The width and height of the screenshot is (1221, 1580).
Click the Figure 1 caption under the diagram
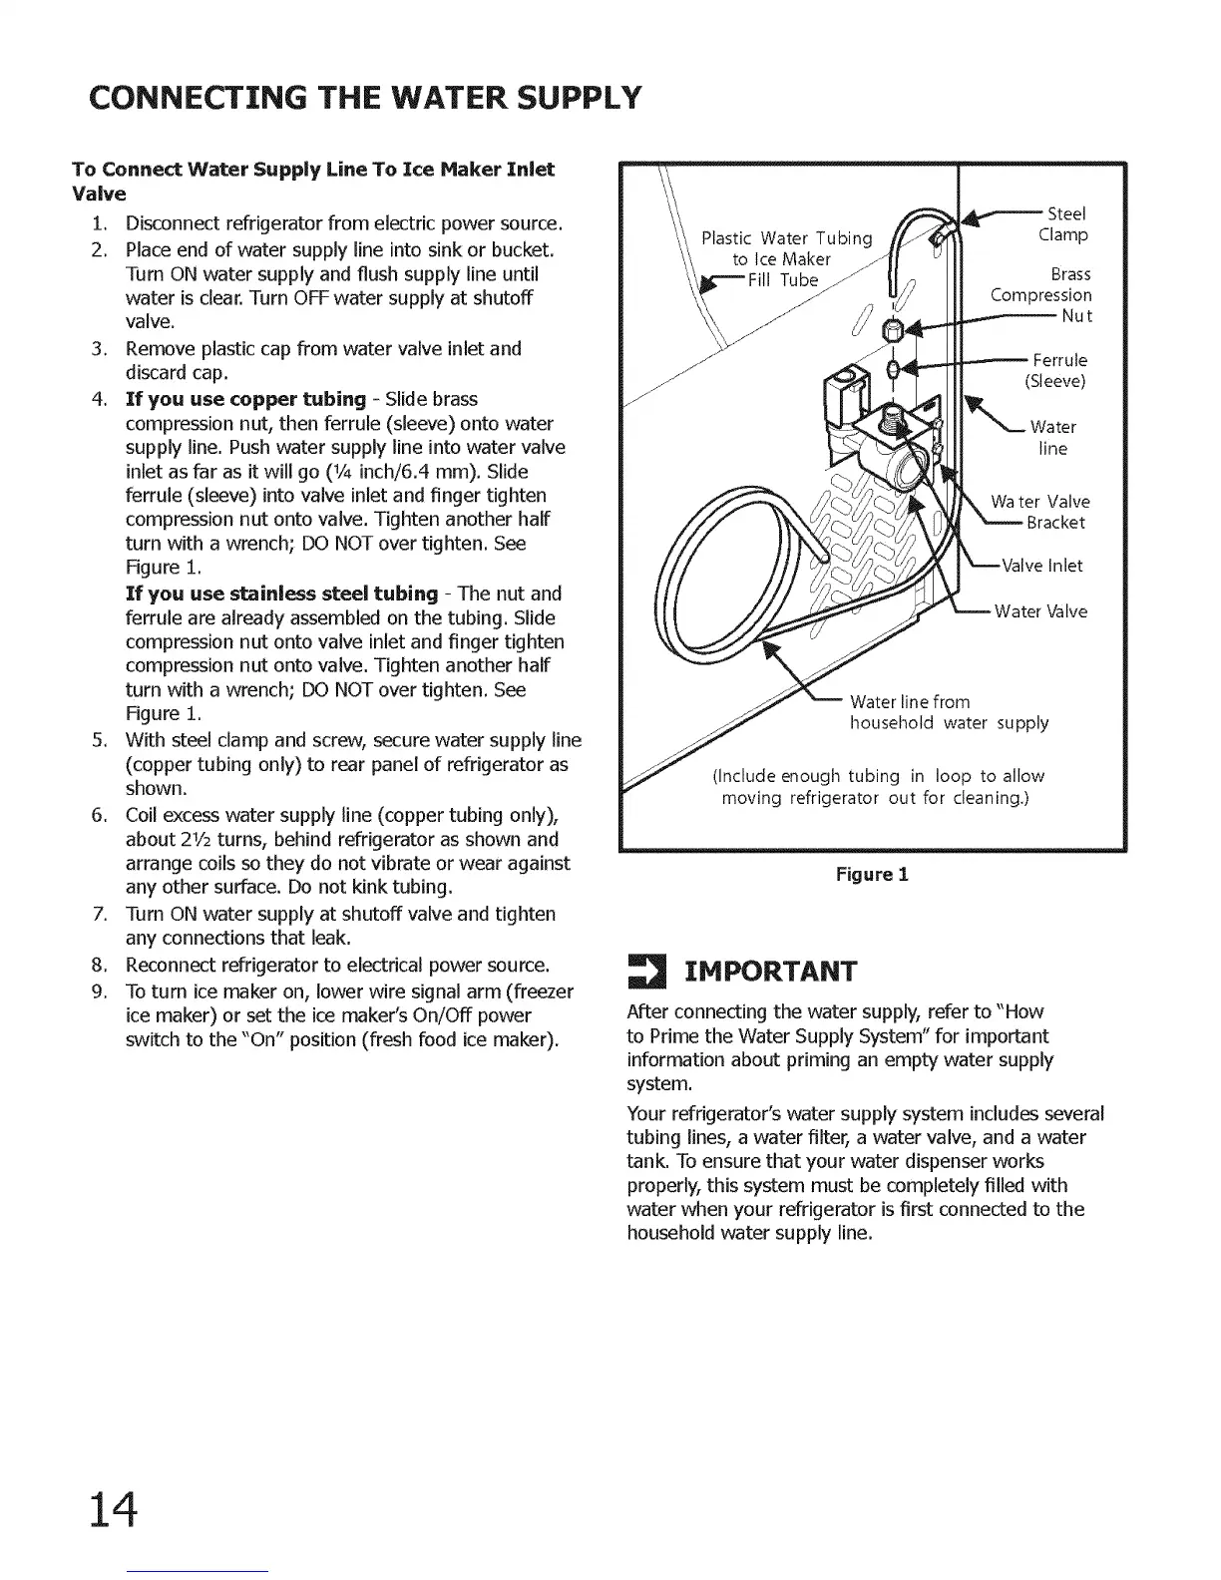click(872, 876)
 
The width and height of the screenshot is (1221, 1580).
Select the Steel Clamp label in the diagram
click(1063, 224)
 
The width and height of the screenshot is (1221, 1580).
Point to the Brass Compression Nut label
click(1041, 295)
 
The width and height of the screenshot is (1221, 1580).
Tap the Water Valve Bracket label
click(1040, 512)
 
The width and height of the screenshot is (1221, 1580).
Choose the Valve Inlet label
click(1041, 567)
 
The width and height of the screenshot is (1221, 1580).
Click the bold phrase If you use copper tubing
click(245, 400)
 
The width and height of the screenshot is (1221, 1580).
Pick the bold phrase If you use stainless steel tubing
click(281, 594)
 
